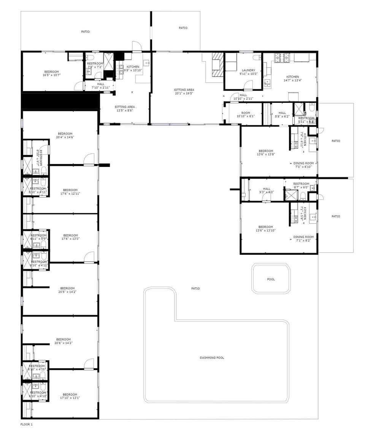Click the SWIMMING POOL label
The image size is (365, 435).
tap(212, 358)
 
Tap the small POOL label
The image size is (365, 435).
tap(271, 279)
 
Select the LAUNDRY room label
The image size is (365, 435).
tap(248, 70)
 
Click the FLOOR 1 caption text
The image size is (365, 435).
tap(27, 424)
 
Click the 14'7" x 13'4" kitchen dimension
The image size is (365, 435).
tap(292, 80)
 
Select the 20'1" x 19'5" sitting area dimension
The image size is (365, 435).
tap(184, 93)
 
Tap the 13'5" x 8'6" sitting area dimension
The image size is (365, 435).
tap(125, 110)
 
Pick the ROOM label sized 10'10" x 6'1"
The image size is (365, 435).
tap(246, 113)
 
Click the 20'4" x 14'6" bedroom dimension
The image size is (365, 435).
tap(65, 137)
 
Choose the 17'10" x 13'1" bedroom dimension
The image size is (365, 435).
tap(70, 398)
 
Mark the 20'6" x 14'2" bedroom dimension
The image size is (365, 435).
tap(63, 343)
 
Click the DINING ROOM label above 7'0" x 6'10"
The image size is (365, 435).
tap(303, 163)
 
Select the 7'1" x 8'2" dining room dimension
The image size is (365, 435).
tap(303, 240)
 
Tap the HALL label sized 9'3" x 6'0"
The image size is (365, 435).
tap(267, 189)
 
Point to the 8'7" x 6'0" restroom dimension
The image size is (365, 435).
tap(301, 187)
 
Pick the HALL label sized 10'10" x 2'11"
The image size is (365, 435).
tap(243, 95)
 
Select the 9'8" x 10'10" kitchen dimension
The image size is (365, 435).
tap(133, 70)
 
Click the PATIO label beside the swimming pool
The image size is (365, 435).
tap(195, 288)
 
